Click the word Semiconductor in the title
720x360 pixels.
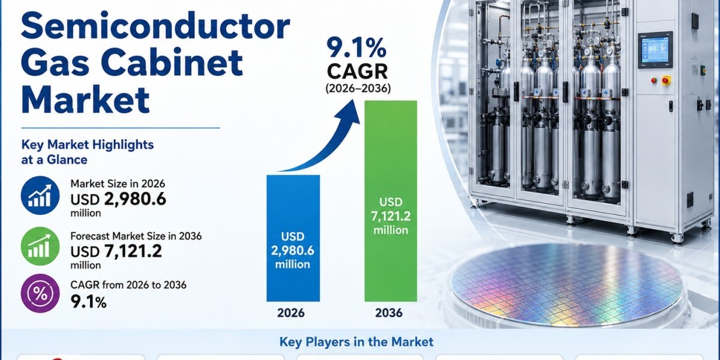155,25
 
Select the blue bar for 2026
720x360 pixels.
293,238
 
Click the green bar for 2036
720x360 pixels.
391,201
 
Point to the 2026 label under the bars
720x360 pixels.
290,313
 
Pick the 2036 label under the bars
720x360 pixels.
389,313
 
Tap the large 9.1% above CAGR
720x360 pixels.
356,49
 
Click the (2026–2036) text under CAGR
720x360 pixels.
358,88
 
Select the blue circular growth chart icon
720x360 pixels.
40,196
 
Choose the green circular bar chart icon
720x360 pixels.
40,246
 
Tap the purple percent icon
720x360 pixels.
40,293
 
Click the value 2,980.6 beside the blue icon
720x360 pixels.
135,199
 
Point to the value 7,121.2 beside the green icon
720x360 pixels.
133,251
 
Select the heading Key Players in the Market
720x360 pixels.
356,341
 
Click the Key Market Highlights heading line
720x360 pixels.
88,145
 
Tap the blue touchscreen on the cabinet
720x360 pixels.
655,49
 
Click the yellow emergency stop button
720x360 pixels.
666,80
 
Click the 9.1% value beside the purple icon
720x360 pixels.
88,302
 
